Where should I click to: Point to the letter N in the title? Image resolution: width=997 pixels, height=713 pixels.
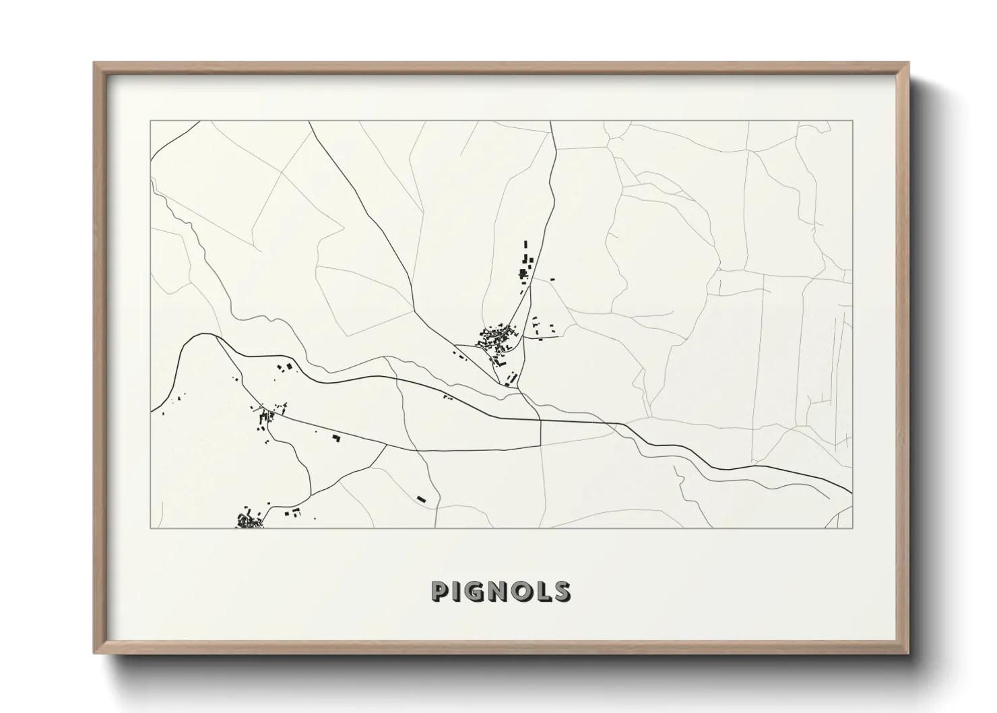click(x=502, y=591)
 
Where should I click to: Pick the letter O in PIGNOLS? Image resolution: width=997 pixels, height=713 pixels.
click(x=525, y=591)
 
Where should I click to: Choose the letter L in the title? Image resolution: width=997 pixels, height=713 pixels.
click(x=545, y=591)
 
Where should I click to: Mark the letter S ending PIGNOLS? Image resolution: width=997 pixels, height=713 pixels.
click(x=562, y=591)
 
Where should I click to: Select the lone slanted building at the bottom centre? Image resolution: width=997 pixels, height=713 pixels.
click(x=422, y=499)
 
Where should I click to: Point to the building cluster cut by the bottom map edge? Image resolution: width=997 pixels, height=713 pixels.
click(x=249, y=520)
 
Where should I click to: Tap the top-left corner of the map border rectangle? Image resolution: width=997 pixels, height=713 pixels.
click(x=150, y=121)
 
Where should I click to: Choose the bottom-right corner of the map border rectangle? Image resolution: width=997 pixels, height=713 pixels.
click(x=853, y=528)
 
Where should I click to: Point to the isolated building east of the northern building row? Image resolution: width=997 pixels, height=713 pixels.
click(x=553, y=278)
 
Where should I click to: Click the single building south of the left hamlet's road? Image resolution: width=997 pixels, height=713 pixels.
click(x=336, y=438)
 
